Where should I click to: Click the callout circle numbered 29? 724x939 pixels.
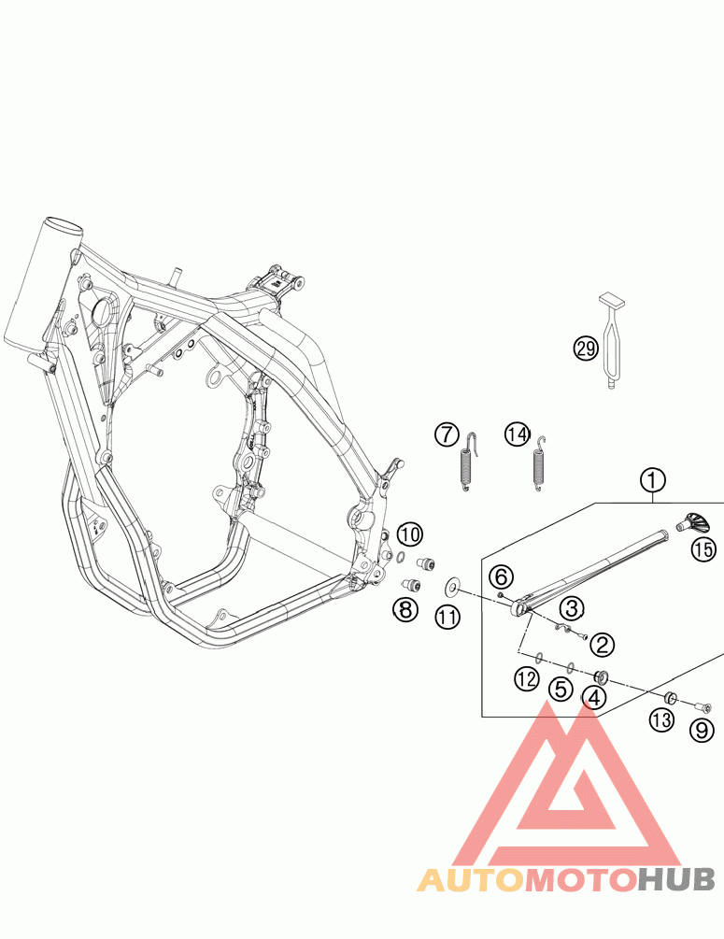click(x=586, y=349)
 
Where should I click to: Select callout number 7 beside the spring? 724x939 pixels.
click(x=447, y=434)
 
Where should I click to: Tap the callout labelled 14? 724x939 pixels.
click(x=517, y=434)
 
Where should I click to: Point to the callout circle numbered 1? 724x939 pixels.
click(x=653, y=480)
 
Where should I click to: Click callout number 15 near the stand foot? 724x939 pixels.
click(x=703, y=548)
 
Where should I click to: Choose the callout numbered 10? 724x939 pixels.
click(x=408, y=535)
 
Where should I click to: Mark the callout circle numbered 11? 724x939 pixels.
click(x=447, y=616)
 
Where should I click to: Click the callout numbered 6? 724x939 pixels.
click(x=501, y=576)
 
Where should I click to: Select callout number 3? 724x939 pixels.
click(x=572, y=609)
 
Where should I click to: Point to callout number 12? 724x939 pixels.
click(x=527, y=679)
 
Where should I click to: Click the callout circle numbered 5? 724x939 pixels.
click(x=561, y=690)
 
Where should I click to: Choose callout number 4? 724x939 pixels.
click(x=594, y=697)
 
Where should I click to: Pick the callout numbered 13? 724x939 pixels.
click(x=661, y=720)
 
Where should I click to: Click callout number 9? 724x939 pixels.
click(x=702, y=731)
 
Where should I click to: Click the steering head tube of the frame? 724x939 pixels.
click(x=41, y=280)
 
